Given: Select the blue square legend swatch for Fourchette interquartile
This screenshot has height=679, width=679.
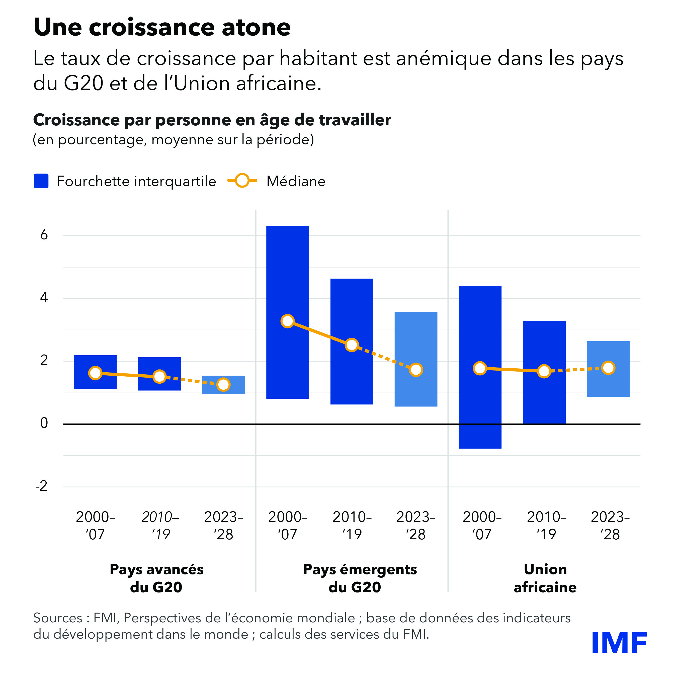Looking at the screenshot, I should point(41,181).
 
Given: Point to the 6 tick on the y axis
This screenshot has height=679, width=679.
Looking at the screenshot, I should point(44,235).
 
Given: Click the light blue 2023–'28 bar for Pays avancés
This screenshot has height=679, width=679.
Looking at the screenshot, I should point(223,390).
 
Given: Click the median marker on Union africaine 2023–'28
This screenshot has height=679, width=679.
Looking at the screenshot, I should point(608,368).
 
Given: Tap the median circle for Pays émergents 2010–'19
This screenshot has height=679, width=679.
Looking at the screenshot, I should point(352,345).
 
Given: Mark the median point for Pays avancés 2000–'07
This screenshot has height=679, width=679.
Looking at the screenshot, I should point(95,373).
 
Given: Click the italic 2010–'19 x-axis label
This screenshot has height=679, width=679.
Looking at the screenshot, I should point(160,526).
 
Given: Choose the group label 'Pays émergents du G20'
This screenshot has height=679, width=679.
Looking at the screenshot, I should point(360,578).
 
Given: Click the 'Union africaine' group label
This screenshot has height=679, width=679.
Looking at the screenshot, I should point(545,578).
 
